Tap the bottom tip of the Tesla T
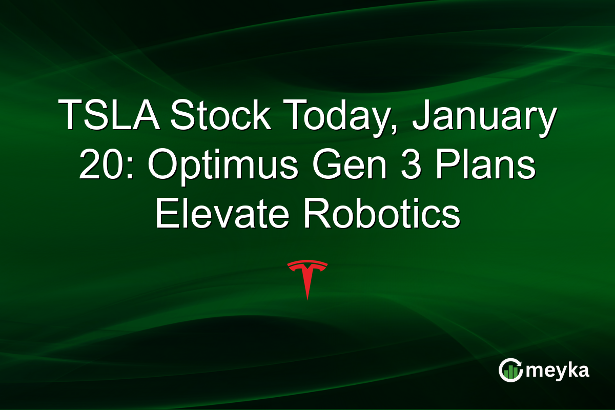coord(307,298)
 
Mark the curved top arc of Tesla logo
coord(307,263)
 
